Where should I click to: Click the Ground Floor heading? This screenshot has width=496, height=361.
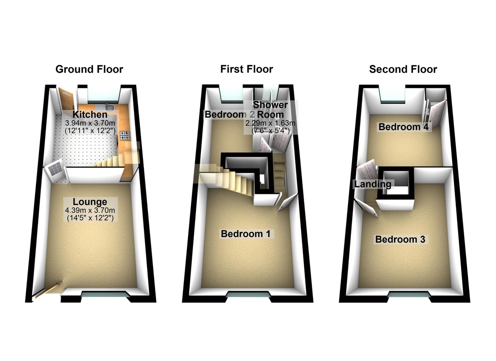[x=89, y=69]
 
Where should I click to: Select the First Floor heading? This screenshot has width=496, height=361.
[x=246, y=69]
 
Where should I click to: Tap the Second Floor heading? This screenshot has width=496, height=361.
[x=403, y=69]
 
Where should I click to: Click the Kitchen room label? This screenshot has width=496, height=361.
[x=90, y=115]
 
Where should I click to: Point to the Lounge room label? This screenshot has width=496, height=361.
[x=90, y=202]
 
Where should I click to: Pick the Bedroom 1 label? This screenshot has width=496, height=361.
[x=246, y=234]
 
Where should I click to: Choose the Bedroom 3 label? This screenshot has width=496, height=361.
[x=400, y=239]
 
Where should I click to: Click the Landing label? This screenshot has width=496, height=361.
[x=372, y=184]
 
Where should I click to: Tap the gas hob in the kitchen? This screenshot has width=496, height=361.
[x=124, y=135]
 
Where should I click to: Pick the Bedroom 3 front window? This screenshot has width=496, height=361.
[x=405, y=295]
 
